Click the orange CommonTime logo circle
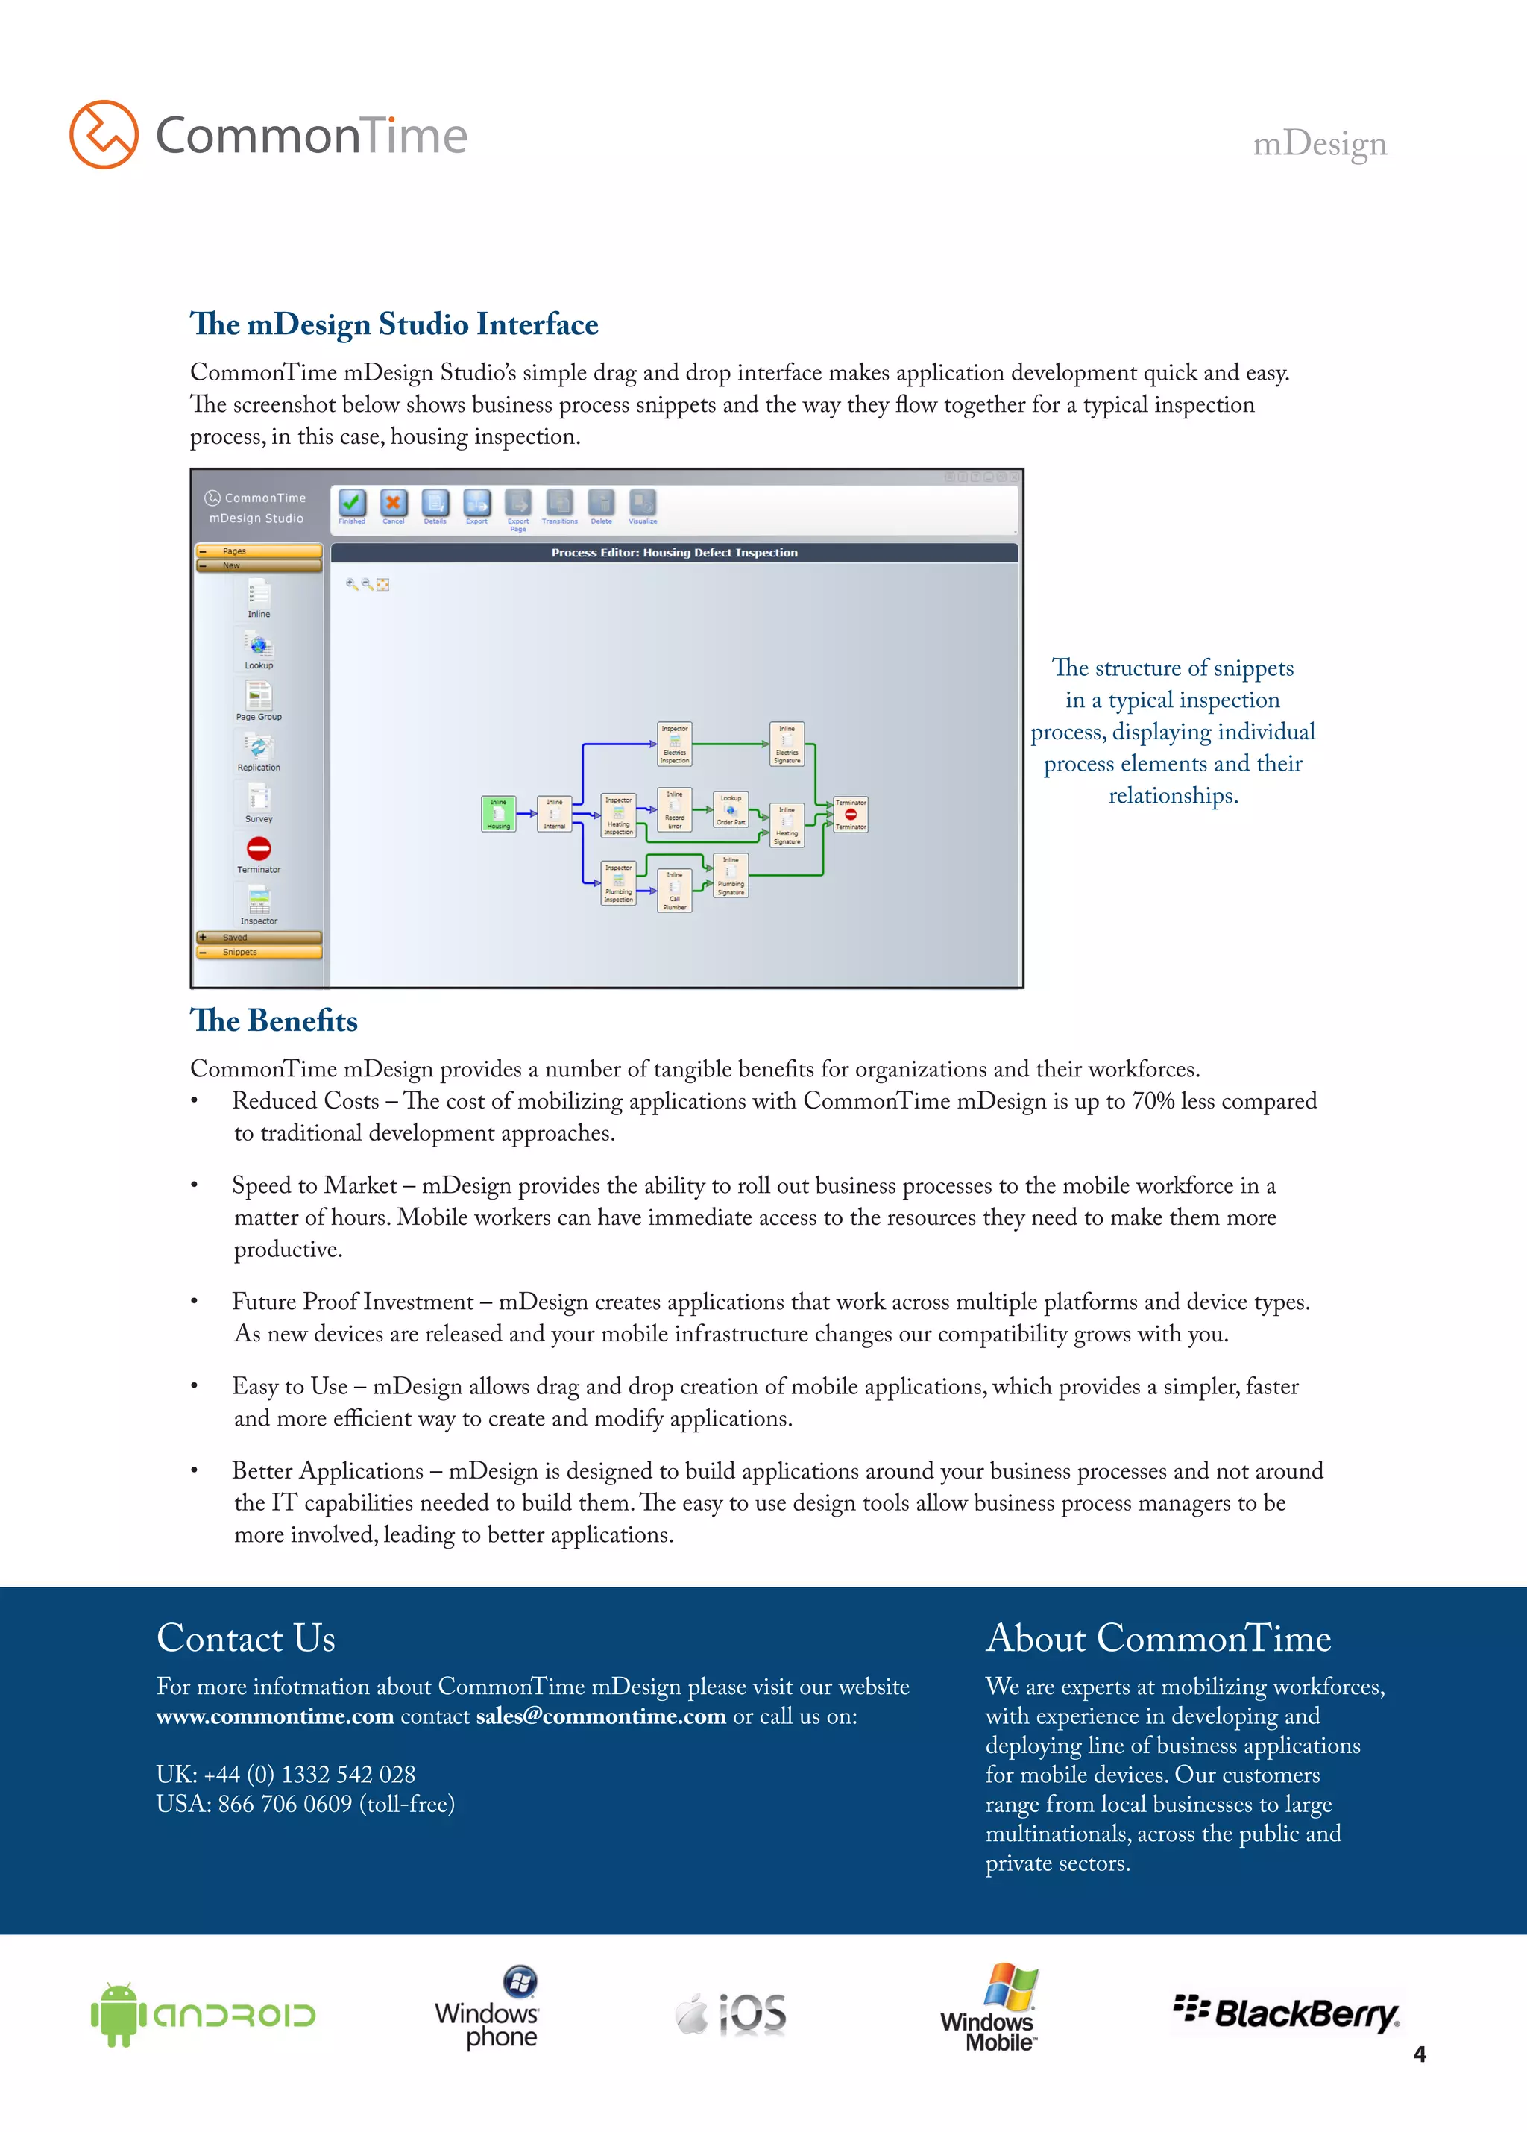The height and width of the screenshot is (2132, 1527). point(104,134)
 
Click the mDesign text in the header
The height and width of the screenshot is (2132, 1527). point(1319,144)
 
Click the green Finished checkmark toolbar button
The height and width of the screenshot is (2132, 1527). point(353,503)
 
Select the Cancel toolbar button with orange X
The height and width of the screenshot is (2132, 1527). point(393,503)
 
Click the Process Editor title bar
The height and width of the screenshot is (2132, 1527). point(674,553)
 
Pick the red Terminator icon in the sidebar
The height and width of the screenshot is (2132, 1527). point(259,849)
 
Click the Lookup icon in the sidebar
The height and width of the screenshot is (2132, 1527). point(259,646)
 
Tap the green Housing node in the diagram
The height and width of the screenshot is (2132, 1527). point(498,814)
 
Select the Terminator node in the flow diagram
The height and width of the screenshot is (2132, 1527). point(851,814)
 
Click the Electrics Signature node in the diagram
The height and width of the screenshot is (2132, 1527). point(787,744)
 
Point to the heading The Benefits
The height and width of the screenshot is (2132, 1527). point(274,1021)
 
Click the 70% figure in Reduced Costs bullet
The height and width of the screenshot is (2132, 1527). point(1153,1101)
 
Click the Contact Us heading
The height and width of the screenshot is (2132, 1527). point(245,1638)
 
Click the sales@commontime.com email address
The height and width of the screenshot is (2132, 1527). point(600,1716)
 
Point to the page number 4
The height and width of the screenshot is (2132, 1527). point(1419,2054)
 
